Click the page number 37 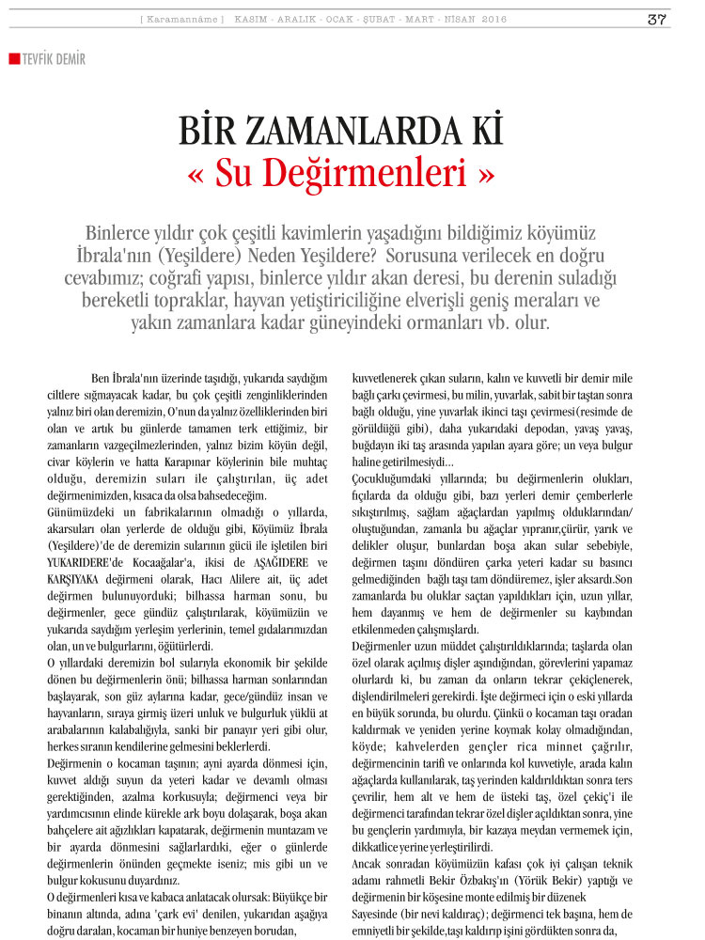pos(657,19)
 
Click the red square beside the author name pos(13,59)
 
